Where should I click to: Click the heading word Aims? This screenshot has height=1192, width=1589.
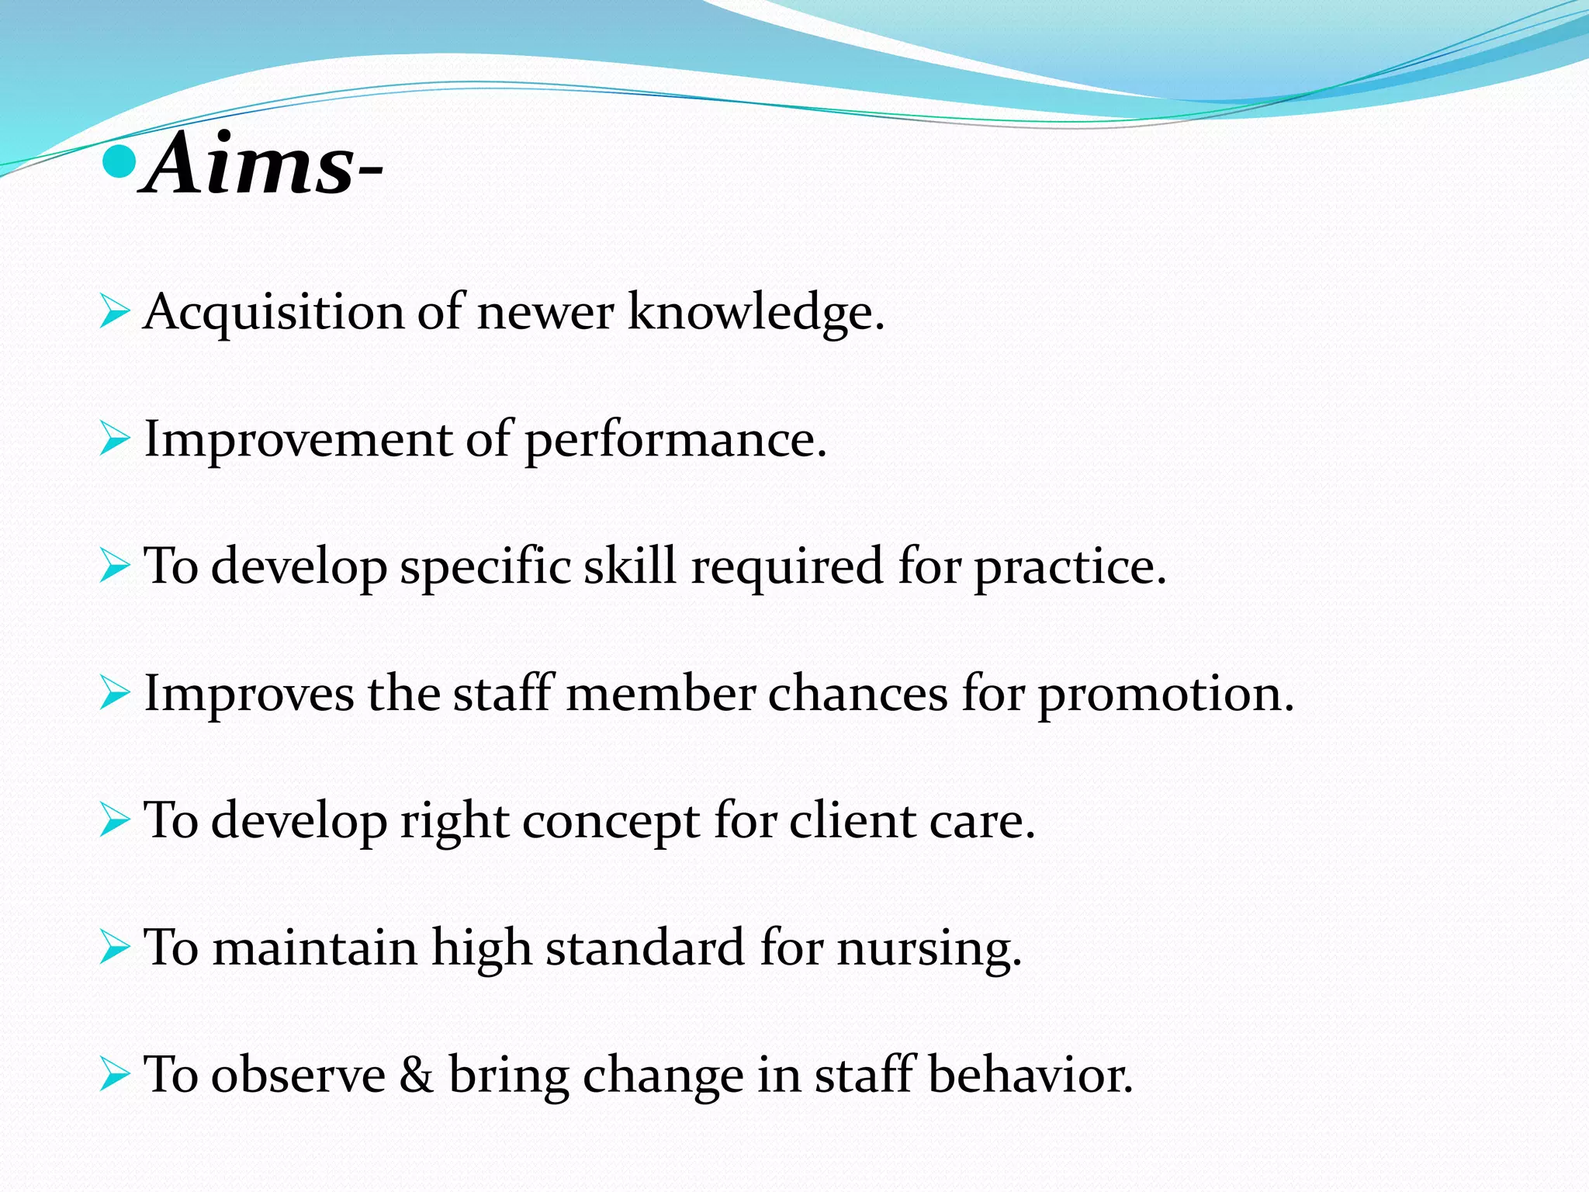[250, 165]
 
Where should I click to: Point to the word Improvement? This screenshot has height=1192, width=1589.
[298, 439]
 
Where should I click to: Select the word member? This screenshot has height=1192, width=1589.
[660, 694]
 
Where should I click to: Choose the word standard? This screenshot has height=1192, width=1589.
[645, 948]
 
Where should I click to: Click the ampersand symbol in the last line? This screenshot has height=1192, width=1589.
[417, 1076]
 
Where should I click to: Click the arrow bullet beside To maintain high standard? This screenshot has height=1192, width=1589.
[114, 948]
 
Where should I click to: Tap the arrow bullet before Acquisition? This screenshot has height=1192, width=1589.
[114, 313]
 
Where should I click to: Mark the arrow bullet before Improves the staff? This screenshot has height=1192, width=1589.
[114, 694]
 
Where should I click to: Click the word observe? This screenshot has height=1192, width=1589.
[298, 1076]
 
